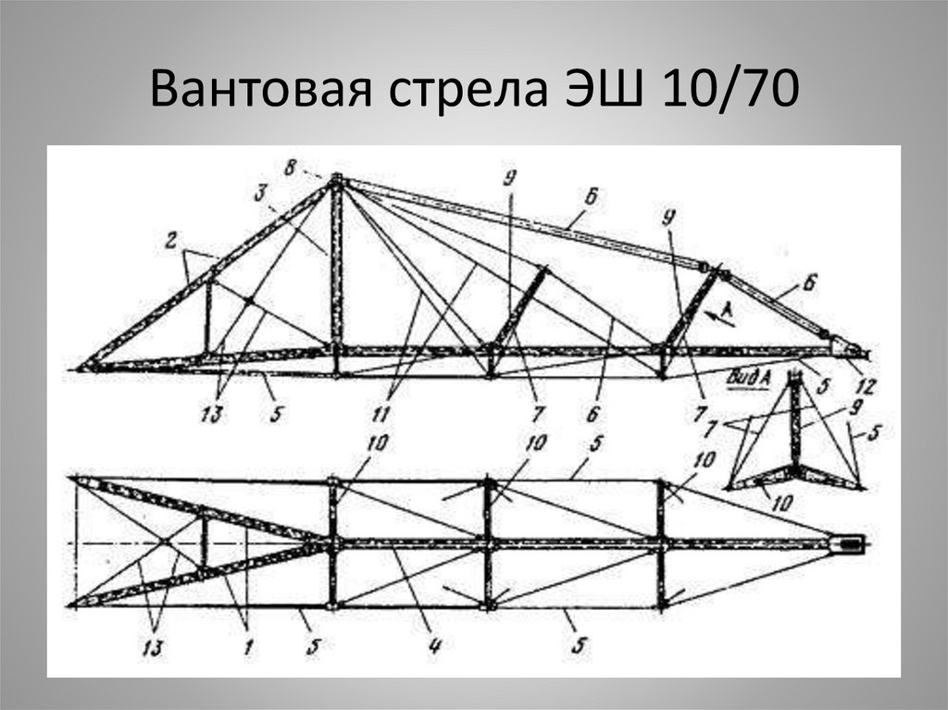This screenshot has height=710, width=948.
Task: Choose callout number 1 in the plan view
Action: [247, 647]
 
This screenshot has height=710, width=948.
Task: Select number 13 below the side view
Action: [214, 413]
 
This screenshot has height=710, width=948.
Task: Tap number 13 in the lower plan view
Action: [160, 646]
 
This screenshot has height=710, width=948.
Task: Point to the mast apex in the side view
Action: [336, 181]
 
